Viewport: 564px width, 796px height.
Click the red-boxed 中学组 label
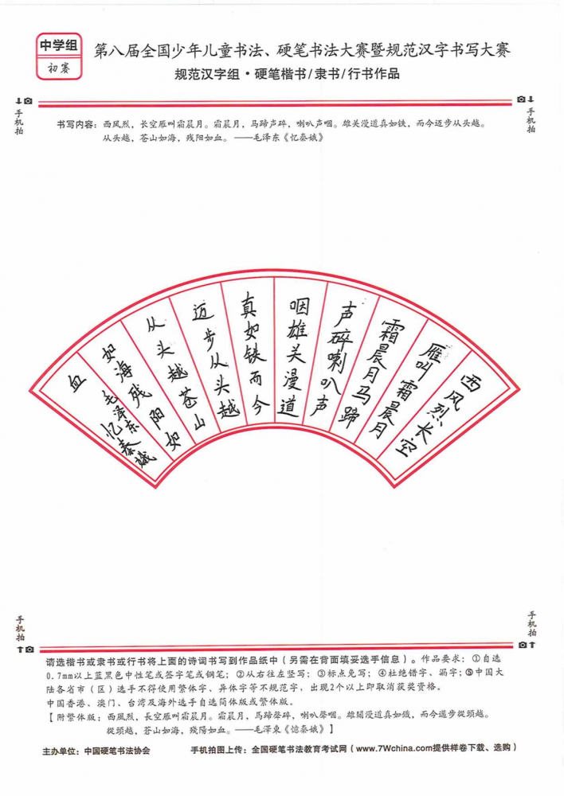coord(59,45)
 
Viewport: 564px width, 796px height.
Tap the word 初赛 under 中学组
coord(59,68)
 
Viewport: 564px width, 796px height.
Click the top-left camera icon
coord(28,101)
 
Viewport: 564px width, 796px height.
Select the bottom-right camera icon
coord(523,645)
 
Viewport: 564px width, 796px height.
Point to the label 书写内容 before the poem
coord(75,124)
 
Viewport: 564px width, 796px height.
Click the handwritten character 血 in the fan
coord(77,384)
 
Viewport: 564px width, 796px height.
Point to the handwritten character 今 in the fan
coord(259,406)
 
